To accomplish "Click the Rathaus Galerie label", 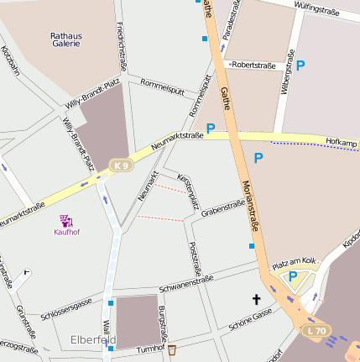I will coord(65,39).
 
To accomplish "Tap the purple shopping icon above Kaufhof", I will coord(66,220).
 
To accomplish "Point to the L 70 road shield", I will coord(316,330).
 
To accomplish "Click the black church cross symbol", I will coord(257,299).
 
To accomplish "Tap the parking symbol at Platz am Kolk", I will coord(293,276).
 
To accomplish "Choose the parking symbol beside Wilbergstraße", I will coord(300,64).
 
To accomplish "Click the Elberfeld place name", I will coord(93,340).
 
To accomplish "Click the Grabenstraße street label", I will coord(222,206).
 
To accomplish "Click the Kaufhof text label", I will coord(66,232).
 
